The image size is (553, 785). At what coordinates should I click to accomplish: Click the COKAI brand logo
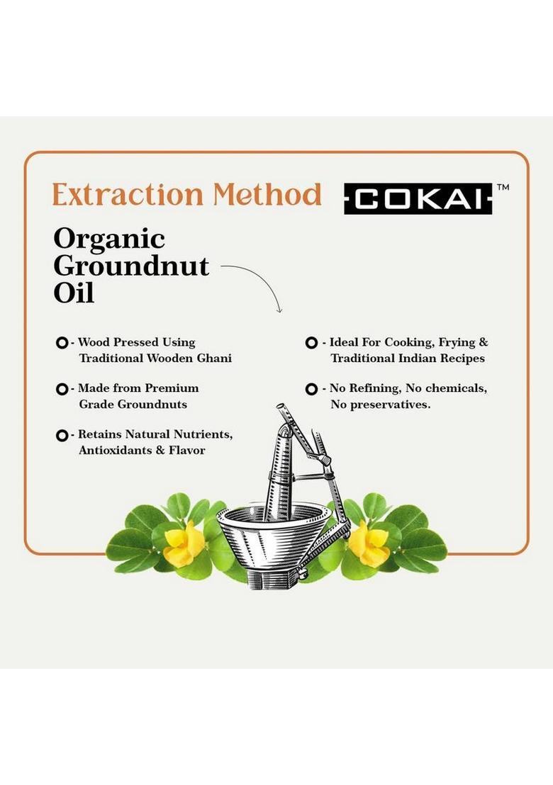pyautogui.click(x=418, y=198)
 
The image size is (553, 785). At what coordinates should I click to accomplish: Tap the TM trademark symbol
pyautogui.click(x=503, y=188)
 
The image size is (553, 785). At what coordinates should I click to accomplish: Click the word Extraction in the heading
pyautogui.click(x=117, y=193)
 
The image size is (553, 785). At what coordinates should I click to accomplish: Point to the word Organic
pyautogui.click(x=109, y=239)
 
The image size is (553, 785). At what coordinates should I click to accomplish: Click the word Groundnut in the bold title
pyautogui.click(x=131, y=266)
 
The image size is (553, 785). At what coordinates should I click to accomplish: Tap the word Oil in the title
pyautogui.click(x=74, y=293)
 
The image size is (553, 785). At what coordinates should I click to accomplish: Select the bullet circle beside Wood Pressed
pyautogui.click(x=62, y=343)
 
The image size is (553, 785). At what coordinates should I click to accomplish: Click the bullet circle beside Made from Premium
pyautogui.click(x=62, y=389)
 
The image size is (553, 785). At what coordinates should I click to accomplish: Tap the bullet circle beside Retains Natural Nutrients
pyautogui.click(x=62, y=435)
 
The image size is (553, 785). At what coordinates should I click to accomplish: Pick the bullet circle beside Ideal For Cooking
pyautogui.click(x=311, y=343)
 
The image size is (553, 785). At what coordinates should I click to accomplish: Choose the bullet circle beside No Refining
pyautogui.click(x=311, y=389)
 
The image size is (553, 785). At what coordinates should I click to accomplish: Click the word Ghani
pyautogui.click(x=213, y=358)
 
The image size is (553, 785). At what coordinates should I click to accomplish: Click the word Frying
pyautogui.click(x=458, y=343)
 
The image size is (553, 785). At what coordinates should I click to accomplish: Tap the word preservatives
pyautogui.click(x=396, y=405)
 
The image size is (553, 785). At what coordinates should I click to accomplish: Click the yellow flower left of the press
pyautogui.click(x=184, y=542)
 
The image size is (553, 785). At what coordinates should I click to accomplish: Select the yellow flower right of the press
pyautogui.click(x=368, y=542)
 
